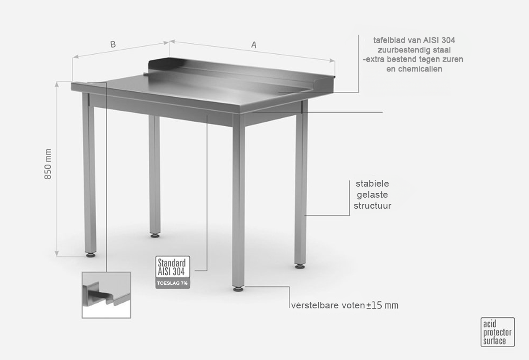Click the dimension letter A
point(253,45)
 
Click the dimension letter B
point(113,44)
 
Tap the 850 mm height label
point(48,164)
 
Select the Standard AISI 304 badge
point(173,267)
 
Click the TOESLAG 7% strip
point(173,283)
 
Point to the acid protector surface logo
point(498,332)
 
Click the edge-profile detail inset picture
point(106,295)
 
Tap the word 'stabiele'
point(372,184)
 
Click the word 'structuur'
point(373,206)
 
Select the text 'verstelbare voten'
point(328,305)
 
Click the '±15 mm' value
point(382,305)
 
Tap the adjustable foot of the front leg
point(238,289)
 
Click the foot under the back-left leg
point(155,235)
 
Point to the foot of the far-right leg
point(300,266)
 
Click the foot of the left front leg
point(91,255)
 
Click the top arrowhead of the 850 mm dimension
point(57,83)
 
